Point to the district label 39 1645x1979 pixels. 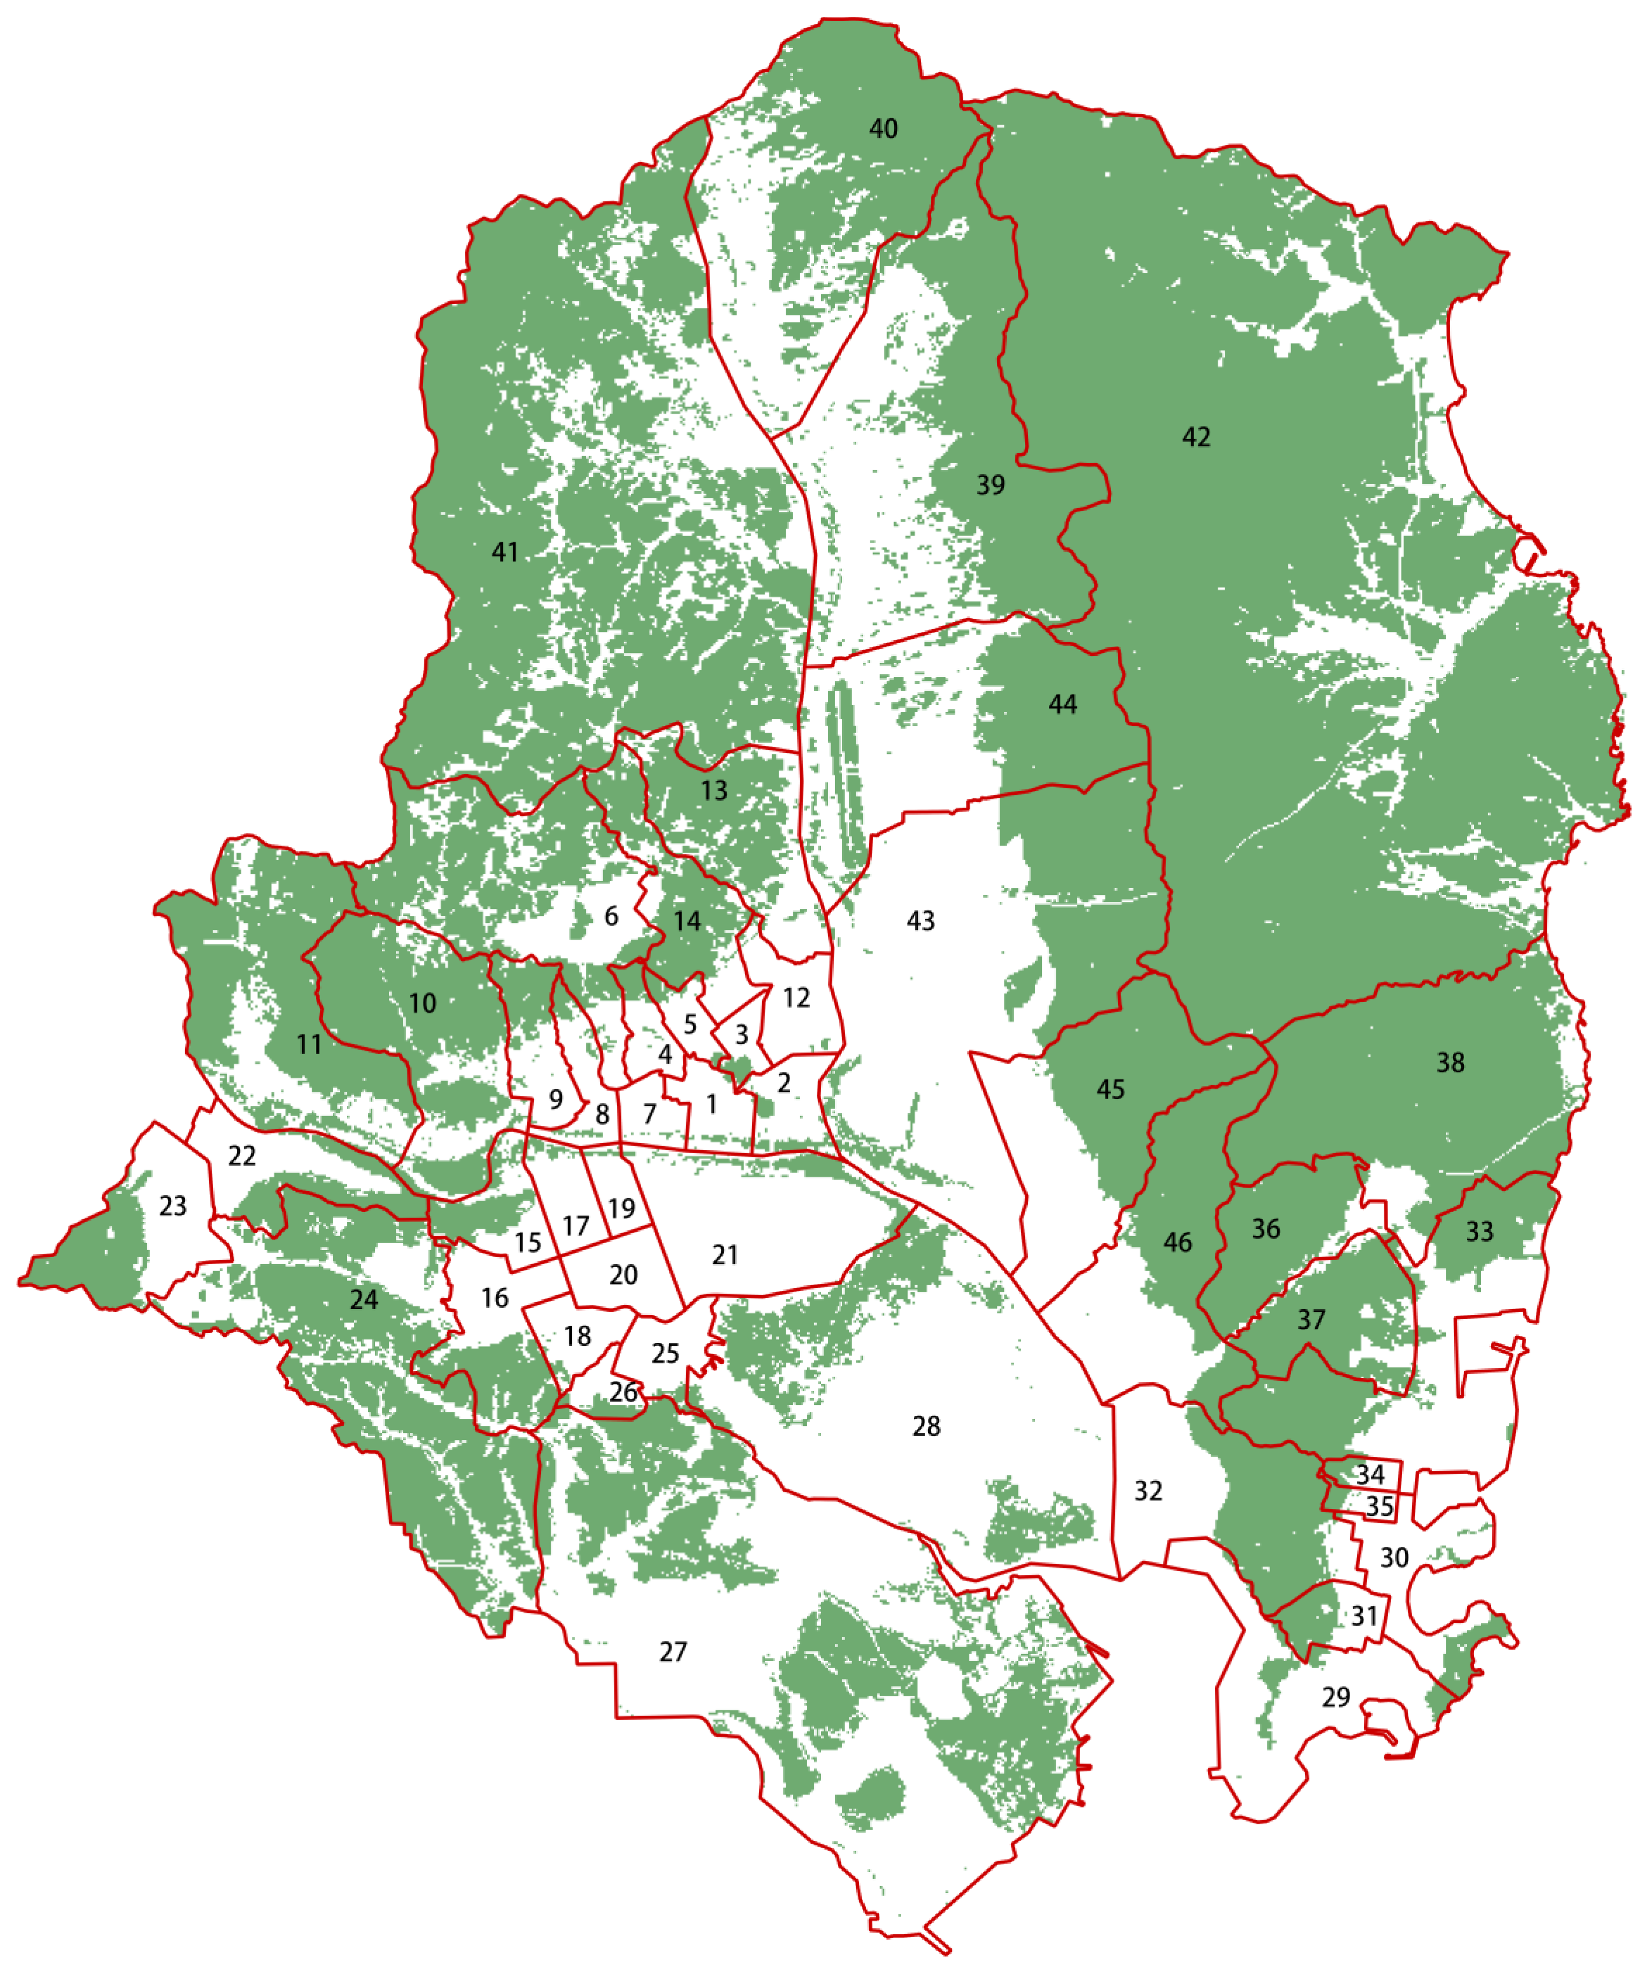990,485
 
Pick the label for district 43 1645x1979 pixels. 920,921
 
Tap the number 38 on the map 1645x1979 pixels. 1450,1063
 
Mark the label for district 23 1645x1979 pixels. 172,1206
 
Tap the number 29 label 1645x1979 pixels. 1336,1697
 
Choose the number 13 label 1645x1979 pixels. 714,791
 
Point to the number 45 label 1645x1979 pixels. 1111,1089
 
